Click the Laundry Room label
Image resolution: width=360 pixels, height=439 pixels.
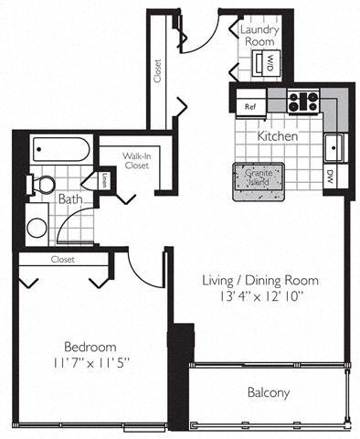259,35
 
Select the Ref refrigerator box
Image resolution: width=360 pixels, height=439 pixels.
250,106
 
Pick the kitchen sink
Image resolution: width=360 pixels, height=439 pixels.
334,145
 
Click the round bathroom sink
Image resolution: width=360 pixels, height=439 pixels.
37,227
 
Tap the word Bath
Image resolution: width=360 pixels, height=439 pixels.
70,198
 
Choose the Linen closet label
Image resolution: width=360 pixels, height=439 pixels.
105,179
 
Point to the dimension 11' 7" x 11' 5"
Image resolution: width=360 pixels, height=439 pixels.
90,363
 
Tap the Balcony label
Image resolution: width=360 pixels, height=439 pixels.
269,393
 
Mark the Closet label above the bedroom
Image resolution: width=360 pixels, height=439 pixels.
62,259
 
